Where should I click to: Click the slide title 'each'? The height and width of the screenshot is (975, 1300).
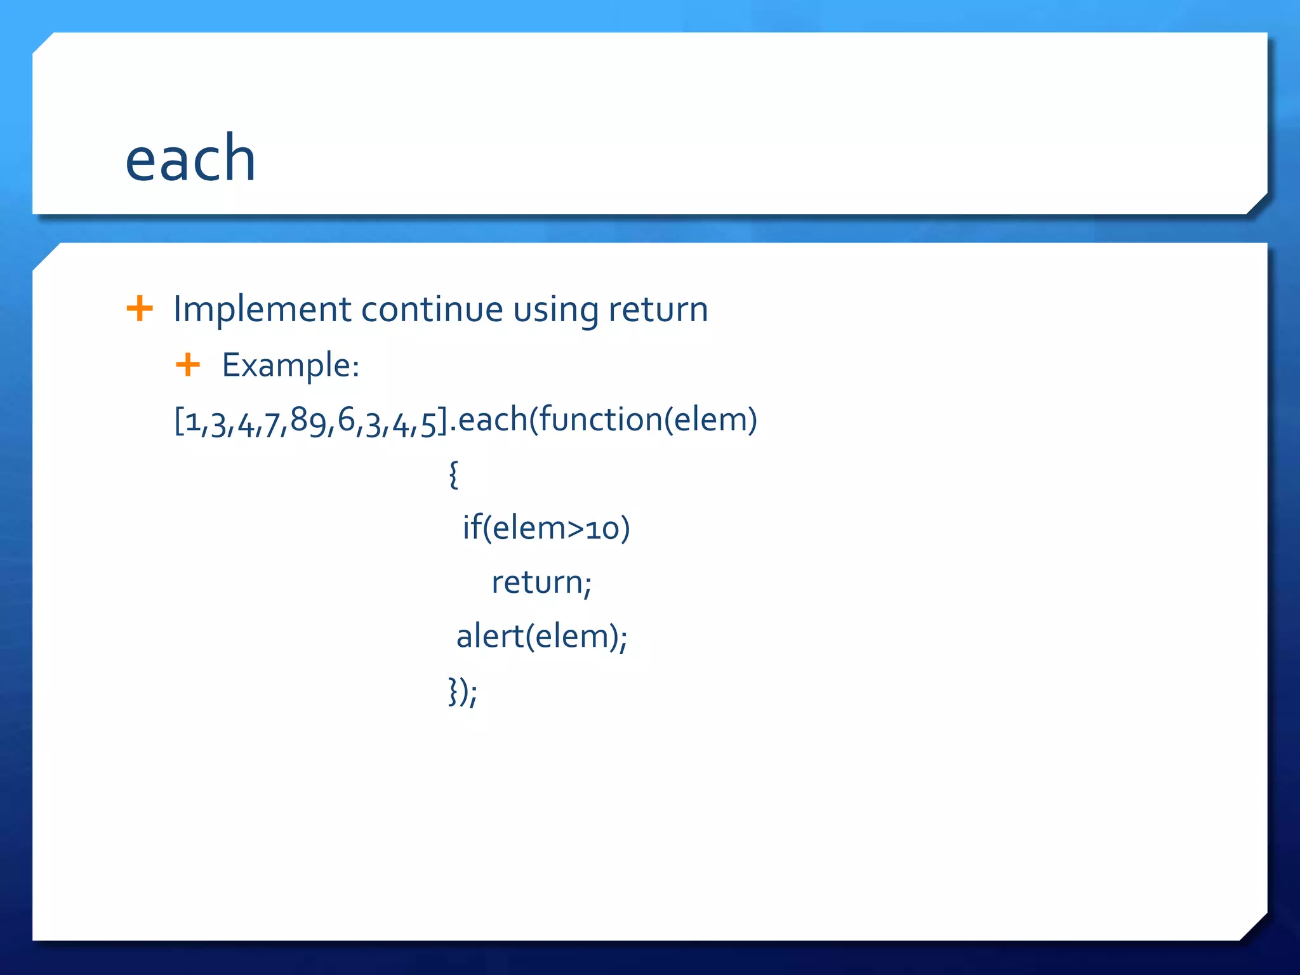190,159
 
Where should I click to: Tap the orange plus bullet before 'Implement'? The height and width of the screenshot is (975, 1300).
140,309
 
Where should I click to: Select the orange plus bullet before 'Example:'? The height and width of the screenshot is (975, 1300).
188,364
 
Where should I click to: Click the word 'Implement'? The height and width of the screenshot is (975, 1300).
262,310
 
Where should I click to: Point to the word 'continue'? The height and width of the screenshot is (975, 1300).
432,310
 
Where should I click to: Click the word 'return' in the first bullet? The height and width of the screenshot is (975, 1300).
658,310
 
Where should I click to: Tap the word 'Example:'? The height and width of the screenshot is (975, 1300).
291,366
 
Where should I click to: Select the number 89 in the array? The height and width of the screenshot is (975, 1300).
308,421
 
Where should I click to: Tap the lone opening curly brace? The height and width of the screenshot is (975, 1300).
453,474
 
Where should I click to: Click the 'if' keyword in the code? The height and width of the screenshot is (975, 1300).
472,527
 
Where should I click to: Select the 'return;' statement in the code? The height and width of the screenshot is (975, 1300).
541,583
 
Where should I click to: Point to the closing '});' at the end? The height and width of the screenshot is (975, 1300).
463,691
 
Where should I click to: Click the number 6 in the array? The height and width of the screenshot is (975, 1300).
346,421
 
